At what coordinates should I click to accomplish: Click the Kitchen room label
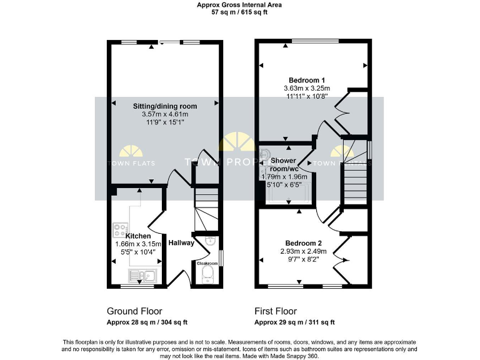[137, 236]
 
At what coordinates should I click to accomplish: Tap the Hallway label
[181, 242]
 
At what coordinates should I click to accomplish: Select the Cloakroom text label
[207, 263]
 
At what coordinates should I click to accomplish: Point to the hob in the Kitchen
[120, 230]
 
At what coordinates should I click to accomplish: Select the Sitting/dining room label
[165, 106]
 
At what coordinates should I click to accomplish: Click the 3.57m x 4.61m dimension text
[165, 114]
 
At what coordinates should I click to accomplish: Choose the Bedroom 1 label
[306, 80]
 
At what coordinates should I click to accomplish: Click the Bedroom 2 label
[304, 243]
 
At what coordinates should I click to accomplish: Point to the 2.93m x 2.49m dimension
[304, 251]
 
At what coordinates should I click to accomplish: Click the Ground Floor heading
[134, 311]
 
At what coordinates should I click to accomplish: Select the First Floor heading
[276, 311]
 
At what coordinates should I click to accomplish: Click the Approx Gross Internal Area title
[239, 4]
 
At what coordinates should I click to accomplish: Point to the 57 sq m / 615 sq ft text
[239, 12]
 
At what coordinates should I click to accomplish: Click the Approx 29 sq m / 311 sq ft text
[294, 322]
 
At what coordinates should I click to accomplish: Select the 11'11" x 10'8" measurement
[306, 97]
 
